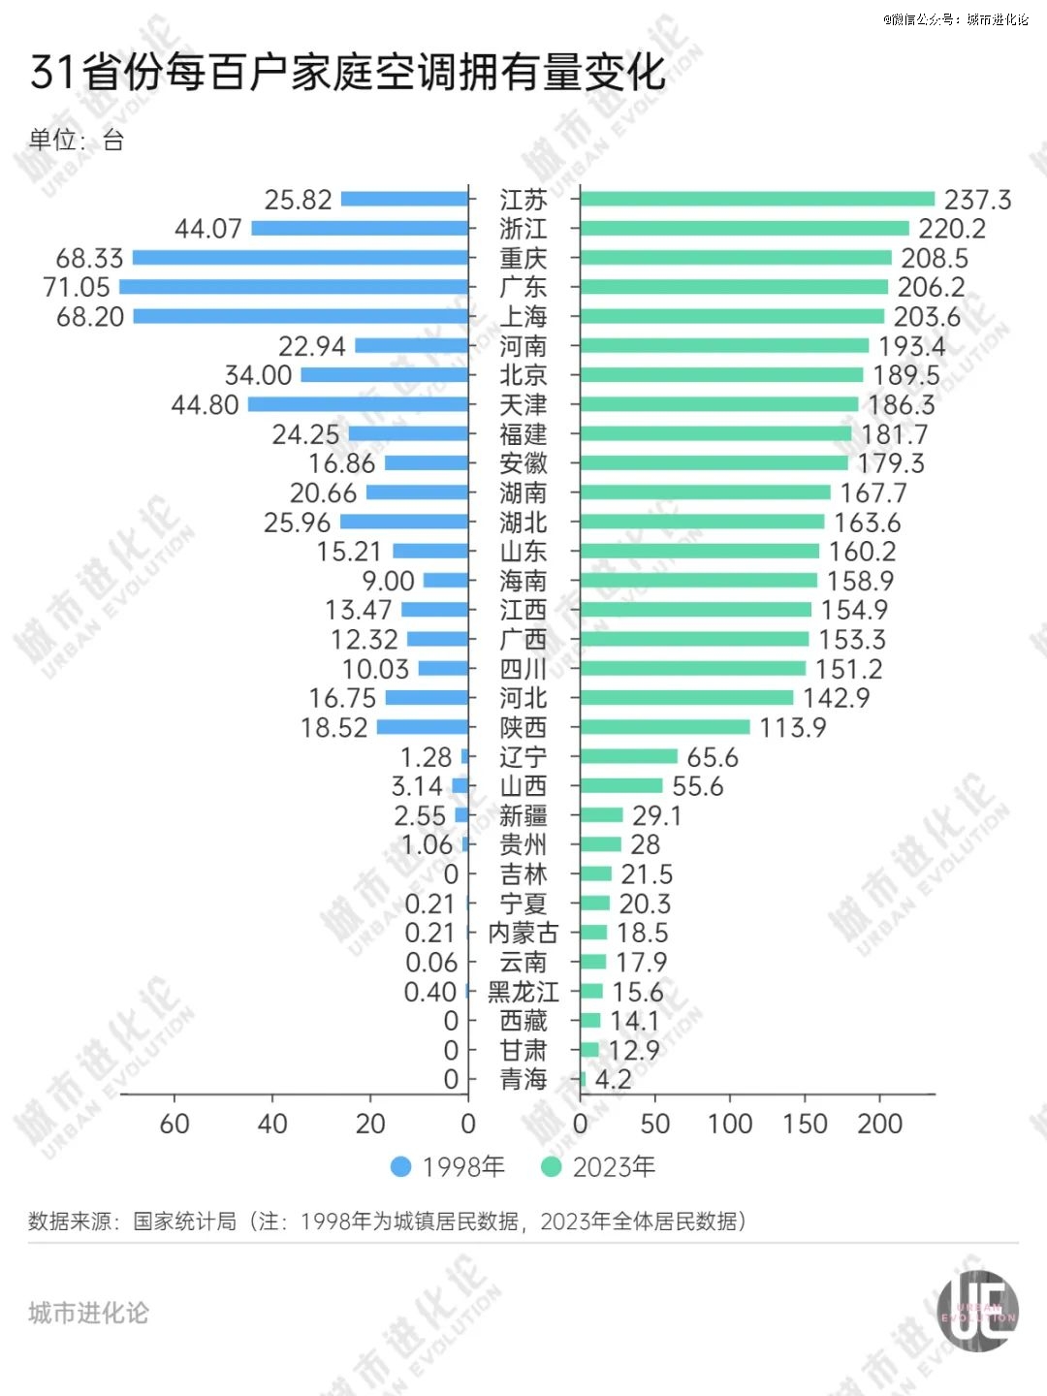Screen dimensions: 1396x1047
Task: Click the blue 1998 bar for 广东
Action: [294, 287]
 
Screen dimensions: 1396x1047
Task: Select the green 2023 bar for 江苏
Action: [757, 200]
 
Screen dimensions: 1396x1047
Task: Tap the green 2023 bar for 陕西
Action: [665, 727]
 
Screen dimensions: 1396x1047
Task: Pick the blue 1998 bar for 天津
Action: [359, 404]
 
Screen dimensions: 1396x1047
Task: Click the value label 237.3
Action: [977, 200]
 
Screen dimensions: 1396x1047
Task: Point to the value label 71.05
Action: [77, 287]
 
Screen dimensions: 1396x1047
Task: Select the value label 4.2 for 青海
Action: [613, 1079]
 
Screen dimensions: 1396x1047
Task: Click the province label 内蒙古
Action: [523, 933]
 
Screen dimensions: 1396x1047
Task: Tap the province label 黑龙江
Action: [523, 992]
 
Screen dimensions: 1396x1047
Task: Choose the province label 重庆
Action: [523, 258]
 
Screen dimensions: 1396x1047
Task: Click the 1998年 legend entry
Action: [448, 1166]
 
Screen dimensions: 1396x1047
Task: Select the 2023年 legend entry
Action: [598, 1166]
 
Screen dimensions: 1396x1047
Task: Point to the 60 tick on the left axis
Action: [174, 1124]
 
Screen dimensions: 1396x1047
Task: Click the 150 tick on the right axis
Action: [805, 1124]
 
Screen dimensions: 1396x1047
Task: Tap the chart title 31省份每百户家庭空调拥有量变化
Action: [348, 73]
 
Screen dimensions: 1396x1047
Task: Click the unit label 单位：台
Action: [77, 141]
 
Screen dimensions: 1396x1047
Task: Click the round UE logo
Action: [977, 1311]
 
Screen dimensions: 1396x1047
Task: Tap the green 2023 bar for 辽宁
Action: [629, 756]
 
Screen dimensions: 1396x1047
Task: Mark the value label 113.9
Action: [793, 727]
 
